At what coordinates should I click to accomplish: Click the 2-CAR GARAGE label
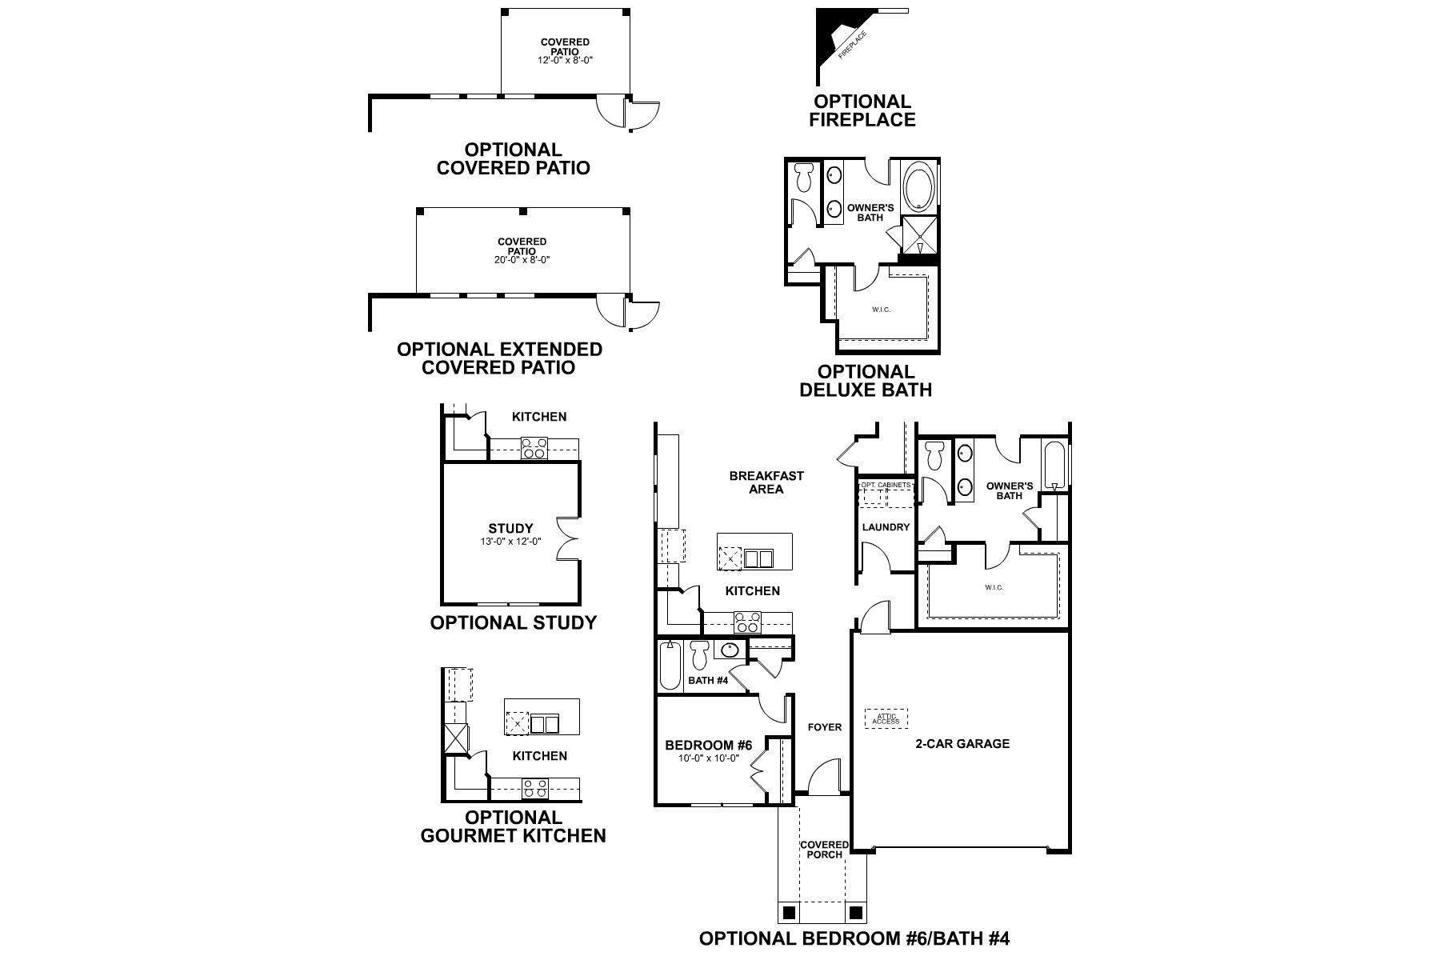962,743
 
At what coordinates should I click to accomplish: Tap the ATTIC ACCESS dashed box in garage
886,718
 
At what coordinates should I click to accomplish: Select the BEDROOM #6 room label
708,746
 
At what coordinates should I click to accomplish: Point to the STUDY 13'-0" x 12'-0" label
510,534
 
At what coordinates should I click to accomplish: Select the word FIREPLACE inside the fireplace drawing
850,47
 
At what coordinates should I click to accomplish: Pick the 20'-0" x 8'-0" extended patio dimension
522,260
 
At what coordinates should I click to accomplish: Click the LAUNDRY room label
886,527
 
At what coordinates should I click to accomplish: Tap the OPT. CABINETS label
886,486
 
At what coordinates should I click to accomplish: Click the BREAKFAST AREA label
766,482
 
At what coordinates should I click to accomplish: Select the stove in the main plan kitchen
747,622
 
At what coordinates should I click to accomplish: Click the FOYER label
824,727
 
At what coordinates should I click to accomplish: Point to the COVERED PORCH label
824,850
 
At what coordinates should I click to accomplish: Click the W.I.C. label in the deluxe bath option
881,310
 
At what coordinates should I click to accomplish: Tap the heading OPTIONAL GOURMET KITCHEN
513,826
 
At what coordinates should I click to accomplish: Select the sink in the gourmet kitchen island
545,724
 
